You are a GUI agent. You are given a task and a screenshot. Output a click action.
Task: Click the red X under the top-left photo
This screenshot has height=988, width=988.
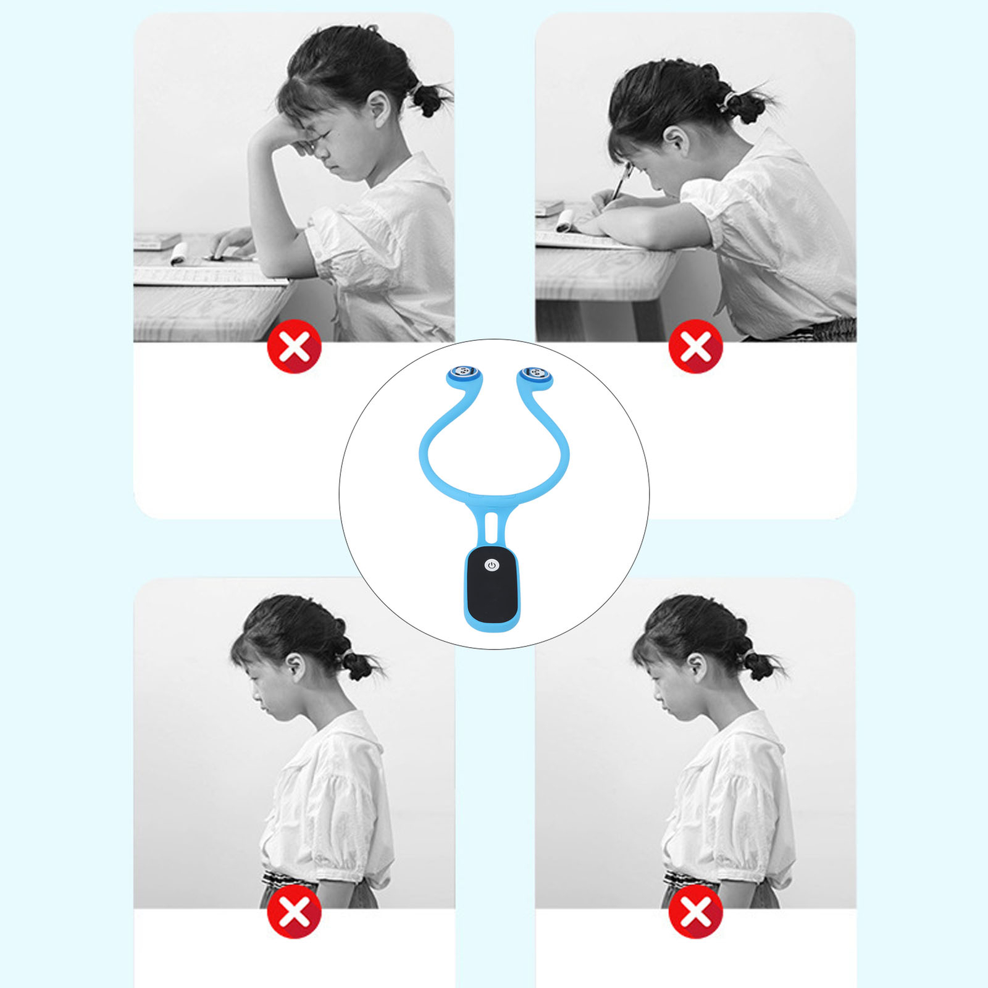(295, 346)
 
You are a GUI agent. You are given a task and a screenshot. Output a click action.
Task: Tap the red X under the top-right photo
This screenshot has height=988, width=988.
(696, 346)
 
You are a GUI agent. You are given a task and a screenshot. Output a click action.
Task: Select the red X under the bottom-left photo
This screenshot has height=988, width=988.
(295, 911)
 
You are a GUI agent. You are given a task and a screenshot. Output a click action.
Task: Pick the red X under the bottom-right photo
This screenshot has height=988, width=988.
(696, 911)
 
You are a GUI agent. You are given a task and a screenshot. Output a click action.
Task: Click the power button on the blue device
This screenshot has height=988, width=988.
(492, 565)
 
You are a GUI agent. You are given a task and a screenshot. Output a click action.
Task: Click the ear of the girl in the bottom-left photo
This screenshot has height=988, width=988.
(298, 667)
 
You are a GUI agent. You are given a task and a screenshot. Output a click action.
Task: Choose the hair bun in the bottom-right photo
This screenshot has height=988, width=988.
(758, 666)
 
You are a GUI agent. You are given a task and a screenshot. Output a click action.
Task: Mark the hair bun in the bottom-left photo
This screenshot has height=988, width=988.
(358, 666)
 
